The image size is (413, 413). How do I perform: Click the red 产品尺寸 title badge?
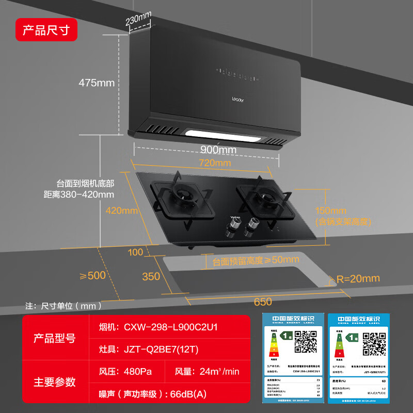point(46,30)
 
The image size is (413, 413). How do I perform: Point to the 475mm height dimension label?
point(97,83)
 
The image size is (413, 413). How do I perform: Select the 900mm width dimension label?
point(218,150)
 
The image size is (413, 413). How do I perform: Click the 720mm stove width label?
point(216,163)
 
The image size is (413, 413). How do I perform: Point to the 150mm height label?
point(331,211)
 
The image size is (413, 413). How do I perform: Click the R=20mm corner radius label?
point(358,279)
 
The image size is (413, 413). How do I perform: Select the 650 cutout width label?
point(263,301)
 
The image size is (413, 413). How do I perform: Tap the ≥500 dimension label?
point(92,275)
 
